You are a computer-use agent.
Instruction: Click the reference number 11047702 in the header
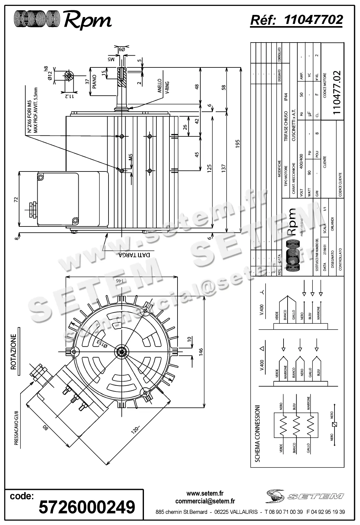[313, 20]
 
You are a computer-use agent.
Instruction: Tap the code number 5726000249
[87, 507]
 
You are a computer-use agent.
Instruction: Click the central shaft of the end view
[122, 351]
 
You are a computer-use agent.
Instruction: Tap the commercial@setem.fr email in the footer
[205, 501]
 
